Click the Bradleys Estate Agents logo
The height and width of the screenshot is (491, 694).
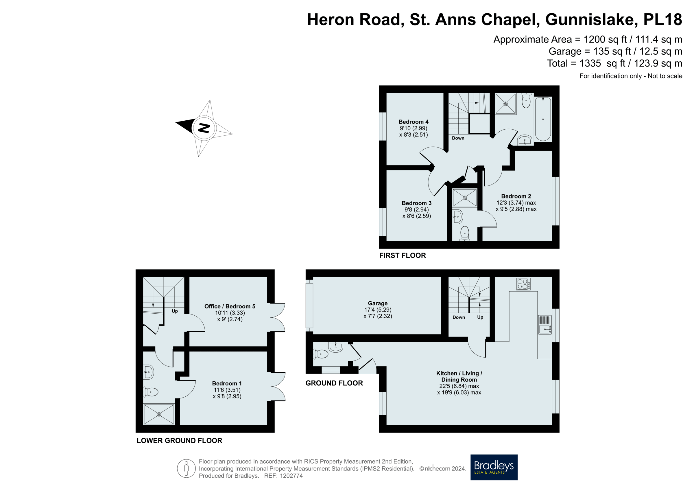494,467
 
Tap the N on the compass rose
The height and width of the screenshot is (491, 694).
204,128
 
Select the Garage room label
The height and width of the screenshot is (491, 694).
378,303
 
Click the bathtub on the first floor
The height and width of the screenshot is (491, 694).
542,119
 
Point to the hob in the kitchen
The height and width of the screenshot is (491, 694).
523,284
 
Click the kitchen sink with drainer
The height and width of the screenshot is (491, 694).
545,325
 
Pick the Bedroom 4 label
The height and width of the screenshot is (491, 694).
413,122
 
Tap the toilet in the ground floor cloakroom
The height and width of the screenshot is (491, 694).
321,354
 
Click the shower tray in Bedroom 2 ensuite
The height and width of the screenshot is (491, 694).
464,198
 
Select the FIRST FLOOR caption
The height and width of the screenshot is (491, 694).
402,255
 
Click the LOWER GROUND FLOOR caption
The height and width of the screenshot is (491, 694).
179,440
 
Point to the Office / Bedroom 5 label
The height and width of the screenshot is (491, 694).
230,306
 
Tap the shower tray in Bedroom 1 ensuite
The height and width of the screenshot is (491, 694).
159,414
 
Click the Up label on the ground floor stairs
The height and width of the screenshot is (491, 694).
480,317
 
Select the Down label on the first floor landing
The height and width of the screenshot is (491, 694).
458,138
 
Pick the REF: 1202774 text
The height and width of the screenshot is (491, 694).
283,476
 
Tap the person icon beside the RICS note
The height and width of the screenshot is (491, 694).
186,468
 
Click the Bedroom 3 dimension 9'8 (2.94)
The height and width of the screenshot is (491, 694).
416,209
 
